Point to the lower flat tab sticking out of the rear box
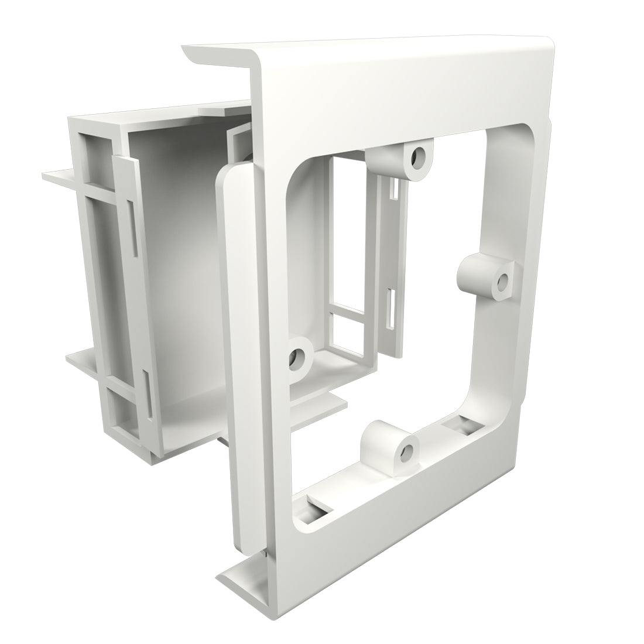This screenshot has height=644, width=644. (x=82, y=361)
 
